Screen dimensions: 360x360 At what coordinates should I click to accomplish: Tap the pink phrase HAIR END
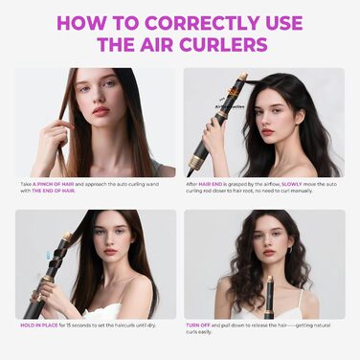tap(212, 182)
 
